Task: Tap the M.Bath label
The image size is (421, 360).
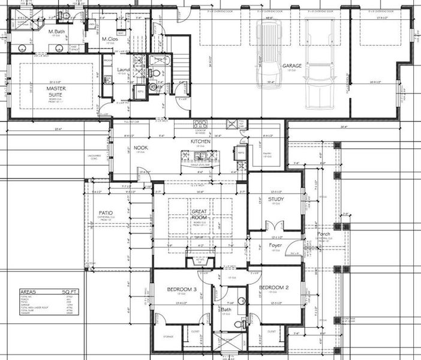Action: pyautogui.click(x=56, y=31)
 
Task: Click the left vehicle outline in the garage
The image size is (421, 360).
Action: pyautogui.click(x=269, y=54)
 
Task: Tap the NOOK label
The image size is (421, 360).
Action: pyautogui.click(x=141, y=147)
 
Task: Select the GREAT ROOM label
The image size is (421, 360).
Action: pyautogui.click(x=199, y=214)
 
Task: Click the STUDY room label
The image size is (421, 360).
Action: pyautogui.click(x=276, y=199)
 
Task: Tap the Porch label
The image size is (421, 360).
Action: pyautogui.click(x=324, y=234)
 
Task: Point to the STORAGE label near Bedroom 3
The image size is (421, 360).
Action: pyautogui.click(x=169, y=337)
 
